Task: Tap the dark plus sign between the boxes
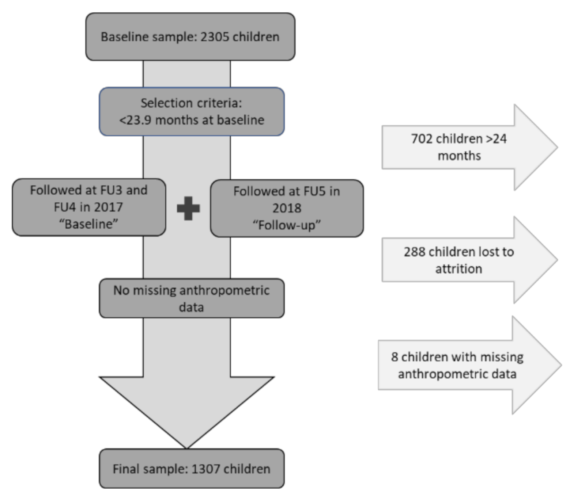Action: pyautogui.click(x=188, y=209)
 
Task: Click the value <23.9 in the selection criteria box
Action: pyautogui.click(x=135, y=120)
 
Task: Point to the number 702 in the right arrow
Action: pyautogui.click(x=422, y=139)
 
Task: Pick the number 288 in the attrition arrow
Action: pyautogui.click(x=414, y=252)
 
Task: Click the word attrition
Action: pyautogui.click(x=458, y=269)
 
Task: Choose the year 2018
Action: pyautogui.click(x=287, y=208)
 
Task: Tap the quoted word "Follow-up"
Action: pyautogui.click(x=287, y=225)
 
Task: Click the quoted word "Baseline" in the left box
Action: pyautogui.click(x=89, y=224)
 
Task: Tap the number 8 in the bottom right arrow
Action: pyautogui.click(x=394, y=357)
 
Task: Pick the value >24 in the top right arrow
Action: pyautogui.click(x=496, y=139)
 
